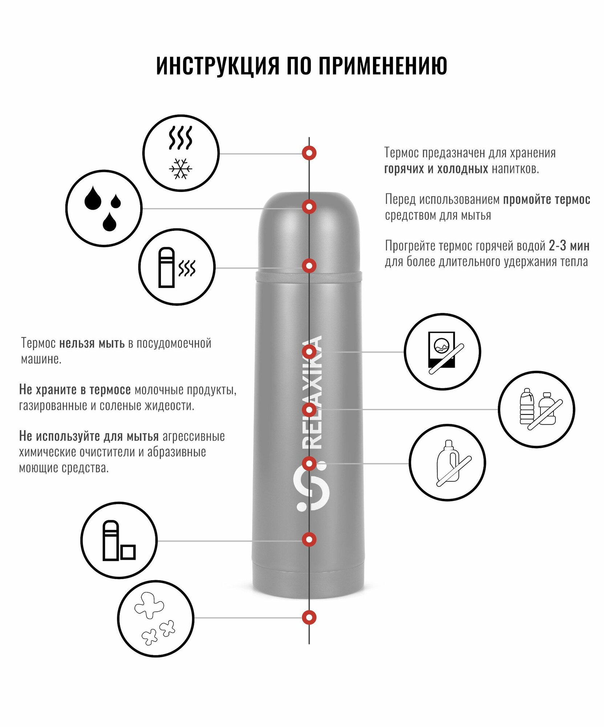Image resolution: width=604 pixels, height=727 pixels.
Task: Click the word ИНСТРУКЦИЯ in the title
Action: click(218, 66)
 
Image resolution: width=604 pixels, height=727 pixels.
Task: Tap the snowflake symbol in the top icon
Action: click(181, 169)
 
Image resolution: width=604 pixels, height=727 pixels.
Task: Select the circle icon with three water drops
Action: click(104, 208)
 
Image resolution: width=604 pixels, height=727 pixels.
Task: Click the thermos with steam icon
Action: click(177, 267)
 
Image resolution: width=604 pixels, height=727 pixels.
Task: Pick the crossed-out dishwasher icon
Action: click(442, 352)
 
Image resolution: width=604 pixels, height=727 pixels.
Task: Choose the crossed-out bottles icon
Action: click(536, 409)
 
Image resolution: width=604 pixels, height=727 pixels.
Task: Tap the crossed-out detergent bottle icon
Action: click(447, 463)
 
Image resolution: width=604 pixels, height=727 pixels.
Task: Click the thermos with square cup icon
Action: click(119, 541)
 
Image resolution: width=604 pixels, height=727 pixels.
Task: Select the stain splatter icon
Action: click(155, 618)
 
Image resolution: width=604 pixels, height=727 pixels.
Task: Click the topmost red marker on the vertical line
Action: click(309, 153)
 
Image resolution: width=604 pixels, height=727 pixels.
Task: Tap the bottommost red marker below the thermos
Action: click(309, 617)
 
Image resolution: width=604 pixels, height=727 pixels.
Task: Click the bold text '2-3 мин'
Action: click(569, 246)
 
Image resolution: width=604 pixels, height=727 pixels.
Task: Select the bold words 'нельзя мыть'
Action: click(92, 343)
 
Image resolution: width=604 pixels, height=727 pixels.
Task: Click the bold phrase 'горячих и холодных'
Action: click(436, 169)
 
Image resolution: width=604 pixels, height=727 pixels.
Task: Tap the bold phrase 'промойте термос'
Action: click(546, 200)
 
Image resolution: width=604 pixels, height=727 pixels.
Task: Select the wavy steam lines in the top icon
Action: click(181, 138)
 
